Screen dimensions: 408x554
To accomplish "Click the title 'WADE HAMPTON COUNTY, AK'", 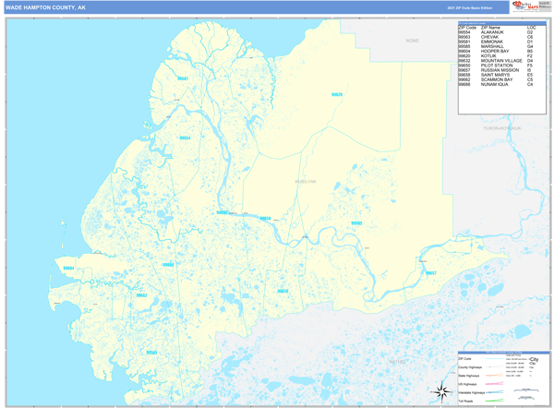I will pos(45,6).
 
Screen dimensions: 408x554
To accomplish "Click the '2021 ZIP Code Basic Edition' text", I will pos(469,6).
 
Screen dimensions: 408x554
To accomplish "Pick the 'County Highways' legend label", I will pos(472,366).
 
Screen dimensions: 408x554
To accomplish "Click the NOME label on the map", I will pos(412,41).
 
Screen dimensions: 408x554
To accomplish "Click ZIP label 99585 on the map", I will pos(355,224).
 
